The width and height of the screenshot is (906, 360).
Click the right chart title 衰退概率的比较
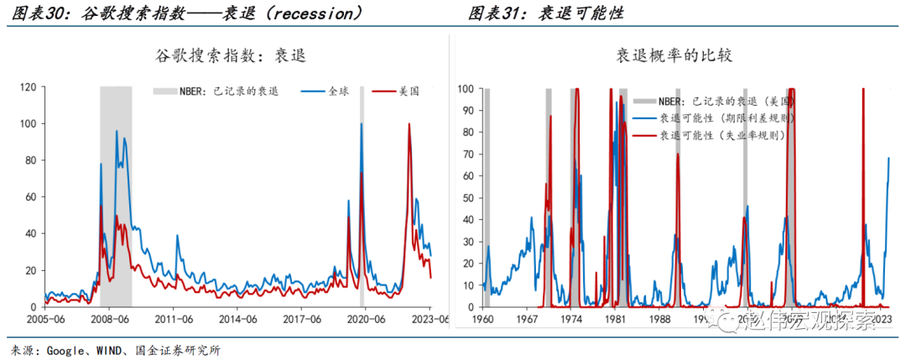click(x=675, y=56)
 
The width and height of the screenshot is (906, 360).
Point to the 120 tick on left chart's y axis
click(x=27, y=86)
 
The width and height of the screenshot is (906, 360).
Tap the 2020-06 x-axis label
click(x=366, y=320)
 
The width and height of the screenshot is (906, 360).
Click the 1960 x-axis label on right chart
click(x=482, y=320)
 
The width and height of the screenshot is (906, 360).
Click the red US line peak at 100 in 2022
click(x=409, y=124)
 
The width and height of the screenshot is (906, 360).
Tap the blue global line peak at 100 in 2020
click(x=362, y=124)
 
